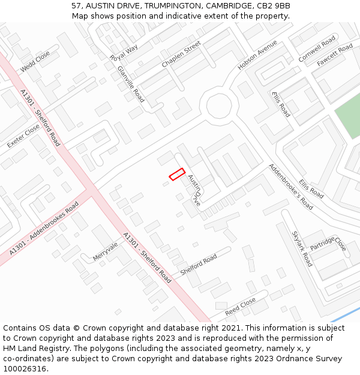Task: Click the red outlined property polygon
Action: [x=176, y=174]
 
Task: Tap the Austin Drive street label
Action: [x=194, y=191]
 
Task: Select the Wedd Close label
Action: [x=35, y=62]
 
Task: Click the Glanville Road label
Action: [x=131, y=83]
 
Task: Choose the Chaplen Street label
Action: [x=181, y=55]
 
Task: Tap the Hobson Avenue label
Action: [x=257, y=55]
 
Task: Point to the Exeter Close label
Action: [x=23, y=133]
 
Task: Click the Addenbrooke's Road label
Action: [x=290, y=186]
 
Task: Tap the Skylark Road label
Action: [x=302, y=248]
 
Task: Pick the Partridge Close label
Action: [x=328, y=243]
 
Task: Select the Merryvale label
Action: [x=106, y=251]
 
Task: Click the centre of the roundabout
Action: [x=219, y=107]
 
